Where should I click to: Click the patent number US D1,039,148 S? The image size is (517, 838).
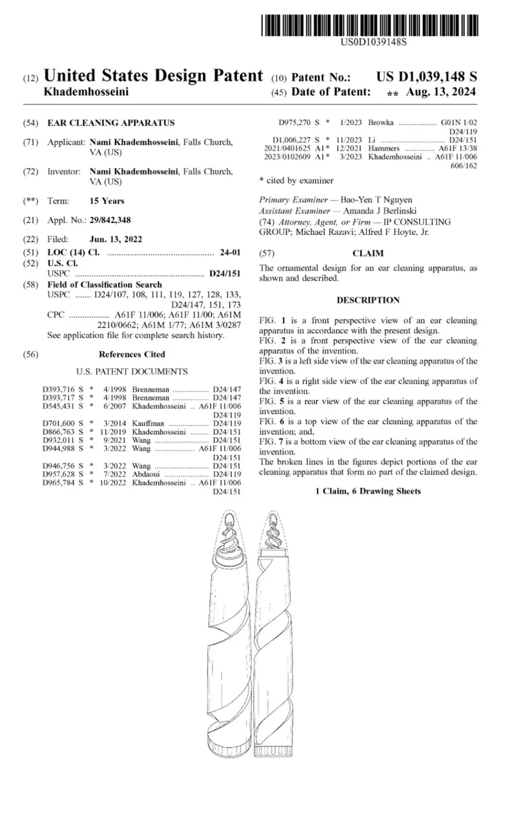tap(426, 77)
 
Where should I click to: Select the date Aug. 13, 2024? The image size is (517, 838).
tap(440, 92)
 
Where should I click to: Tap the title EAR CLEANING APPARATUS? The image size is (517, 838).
tap(111, 123)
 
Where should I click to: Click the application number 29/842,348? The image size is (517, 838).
tap(110, 220)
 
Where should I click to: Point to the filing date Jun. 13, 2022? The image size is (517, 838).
tap(116, 239)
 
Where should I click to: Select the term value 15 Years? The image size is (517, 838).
tap(107, 201)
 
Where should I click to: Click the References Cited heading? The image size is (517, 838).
tap(132, 355)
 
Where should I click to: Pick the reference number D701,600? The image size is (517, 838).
tap(58, 423)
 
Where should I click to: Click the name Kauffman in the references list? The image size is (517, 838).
tap(148, 423)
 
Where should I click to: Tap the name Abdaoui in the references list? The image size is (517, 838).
tap(146, 474)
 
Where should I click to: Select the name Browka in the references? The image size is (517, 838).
tap(381, 123)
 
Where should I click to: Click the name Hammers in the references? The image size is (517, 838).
tap(383, 148)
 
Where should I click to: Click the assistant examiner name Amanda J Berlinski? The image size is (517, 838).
tap(380, 211)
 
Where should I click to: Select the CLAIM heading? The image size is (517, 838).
tap(368, 254)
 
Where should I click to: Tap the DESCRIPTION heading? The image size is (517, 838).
tap(368, 300)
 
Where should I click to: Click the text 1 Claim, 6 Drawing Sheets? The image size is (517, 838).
tap(368, 491)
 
